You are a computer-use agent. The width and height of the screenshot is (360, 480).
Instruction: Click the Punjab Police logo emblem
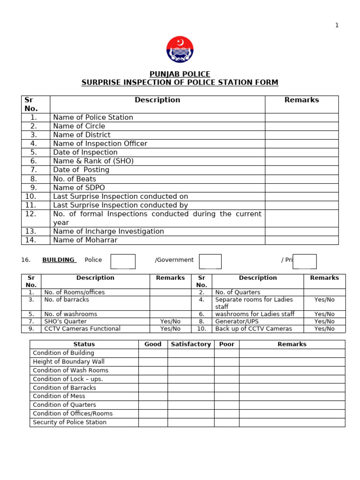pyautogui.click(x=180, y=50)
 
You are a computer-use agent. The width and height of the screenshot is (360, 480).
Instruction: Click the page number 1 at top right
pyautogui.click(x=337, y=25)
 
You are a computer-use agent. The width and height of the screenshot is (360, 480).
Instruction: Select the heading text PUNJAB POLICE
pyautogui.click(x=180, y=74)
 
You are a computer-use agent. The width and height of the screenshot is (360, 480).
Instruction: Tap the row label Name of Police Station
pyautogui.click(x=93, y=117)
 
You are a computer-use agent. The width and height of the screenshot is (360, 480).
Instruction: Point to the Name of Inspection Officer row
pyautogui.click(x=100, y=143)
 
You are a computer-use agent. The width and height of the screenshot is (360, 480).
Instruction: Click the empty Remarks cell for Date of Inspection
pyautogui.click(x=301, y=152)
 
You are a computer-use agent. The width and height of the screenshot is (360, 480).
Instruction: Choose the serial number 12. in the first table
pyautogui.click(x=30, y=214)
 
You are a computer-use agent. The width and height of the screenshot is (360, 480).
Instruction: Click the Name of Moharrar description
pyautogui.click(x=85, y=240)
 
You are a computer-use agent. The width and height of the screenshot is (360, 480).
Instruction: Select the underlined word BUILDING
pyautogui.click(x=59, y=260)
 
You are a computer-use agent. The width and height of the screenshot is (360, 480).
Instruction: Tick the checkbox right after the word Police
pyautogui.click(x=123, y=261)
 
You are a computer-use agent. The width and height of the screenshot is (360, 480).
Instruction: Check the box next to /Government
pyautogui.click(x=210, y=261)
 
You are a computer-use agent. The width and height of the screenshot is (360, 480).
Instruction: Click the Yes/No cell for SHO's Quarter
pyautogui.click(x=170, y=322)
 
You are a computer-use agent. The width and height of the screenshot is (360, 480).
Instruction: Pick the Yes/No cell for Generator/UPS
pyautogui.click(x=324, y=322)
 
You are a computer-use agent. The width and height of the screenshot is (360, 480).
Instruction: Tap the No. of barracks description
pyautogui.click(x=67, y=300)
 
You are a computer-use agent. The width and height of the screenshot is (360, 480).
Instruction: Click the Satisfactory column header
pyautogui.click(x=191, y=344)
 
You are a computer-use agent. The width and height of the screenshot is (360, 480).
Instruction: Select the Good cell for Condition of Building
pyautogui.click(x=153, y=353)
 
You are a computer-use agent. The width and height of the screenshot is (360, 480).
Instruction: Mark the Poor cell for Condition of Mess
pyautogui.click(x=226, y=396)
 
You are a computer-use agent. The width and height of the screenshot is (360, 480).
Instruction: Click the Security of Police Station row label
pyautogui.click(x=69, y=422)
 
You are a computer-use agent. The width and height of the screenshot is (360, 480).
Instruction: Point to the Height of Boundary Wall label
pyautogui.click(x=68, y=361)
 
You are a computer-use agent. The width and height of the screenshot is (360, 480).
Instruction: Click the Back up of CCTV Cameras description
pyautogui.click(x=253, y=329)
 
